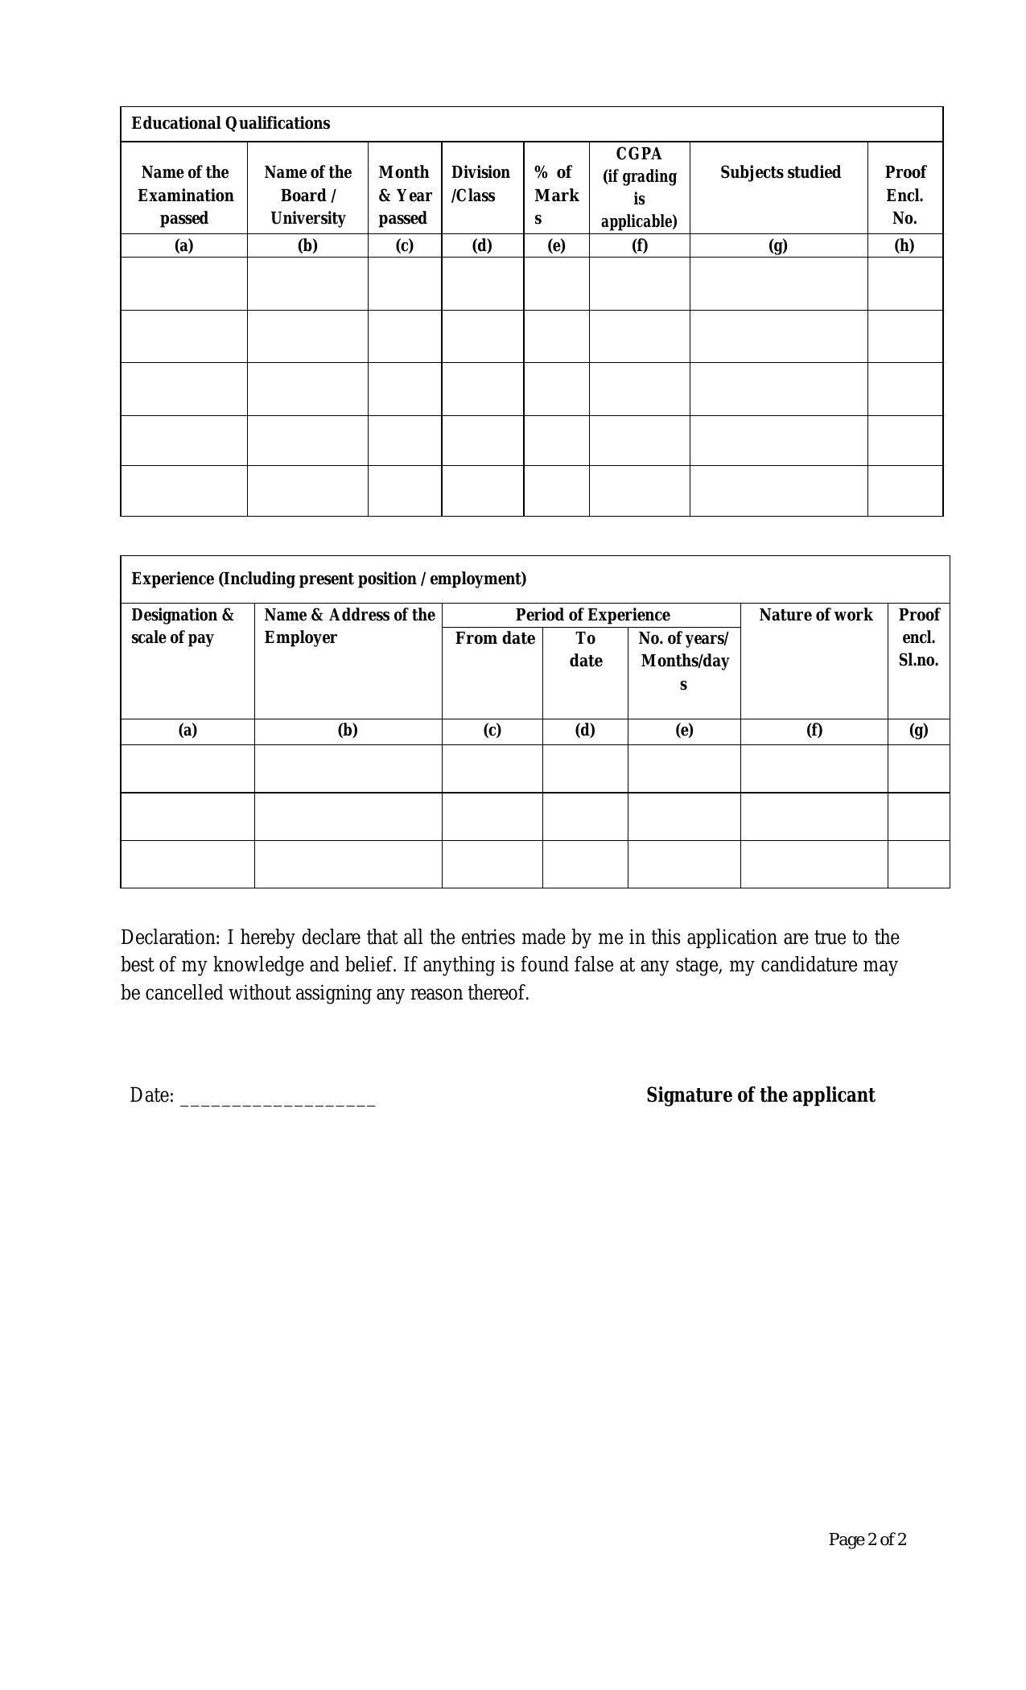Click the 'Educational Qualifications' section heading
coord(230,123)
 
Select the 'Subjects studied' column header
coord(779,172)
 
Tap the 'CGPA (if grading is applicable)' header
coord(639,188)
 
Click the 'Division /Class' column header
coord(480,184)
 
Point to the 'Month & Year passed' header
coord(404,196)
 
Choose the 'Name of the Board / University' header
coord(307,196)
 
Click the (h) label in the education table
coord(904,245)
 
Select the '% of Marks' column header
coord(555,196)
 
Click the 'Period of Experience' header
coord(592,615)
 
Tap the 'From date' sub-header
coord(494,638)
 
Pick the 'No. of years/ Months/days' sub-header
coord(683,661)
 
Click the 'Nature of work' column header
coord(814,615)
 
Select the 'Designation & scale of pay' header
coord(183,626)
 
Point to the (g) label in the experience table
coord(918,730)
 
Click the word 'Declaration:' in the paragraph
coord(170,938)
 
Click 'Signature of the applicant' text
coord(760,1095)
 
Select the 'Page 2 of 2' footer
coord(867,1540)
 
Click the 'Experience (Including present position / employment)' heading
coord(328,579)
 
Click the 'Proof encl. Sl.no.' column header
coord(918,637)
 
